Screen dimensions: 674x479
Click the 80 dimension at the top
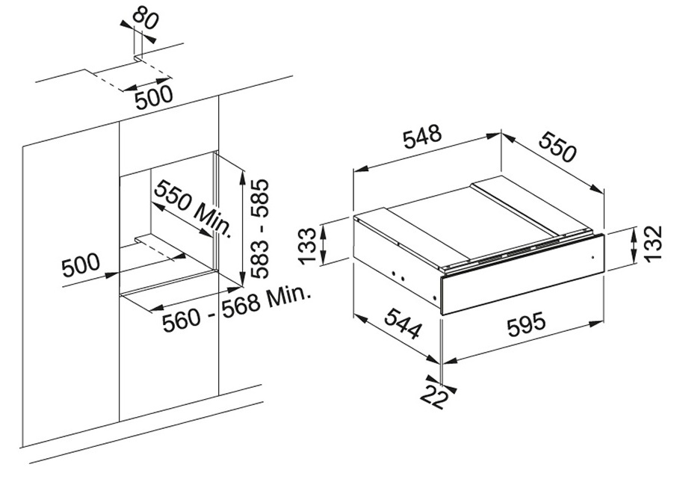145,19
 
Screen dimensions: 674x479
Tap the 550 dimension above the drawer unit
557,147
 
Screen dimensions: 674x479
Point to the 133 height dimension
308,246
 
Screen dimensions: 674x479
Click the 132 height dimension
653,244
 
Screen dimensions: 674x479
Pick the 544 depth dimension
402,323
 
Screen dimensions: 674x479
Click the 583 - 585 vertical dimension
259,229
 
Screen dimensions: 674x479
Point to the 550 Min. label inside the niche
194,208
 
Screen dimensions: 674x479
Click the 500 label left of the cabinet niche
81,265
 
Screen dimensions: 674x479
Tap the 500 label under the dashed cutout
154,98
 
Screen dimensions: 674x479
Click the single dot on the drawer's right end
593,258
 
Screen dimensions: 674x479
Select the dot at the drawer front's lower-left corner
436,297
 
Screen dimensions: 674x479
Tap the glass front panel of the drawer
523,273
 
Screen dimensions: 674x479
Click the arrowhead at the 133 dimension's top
324,232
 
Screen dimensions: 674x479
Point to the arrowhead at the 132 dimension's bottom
634,256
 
